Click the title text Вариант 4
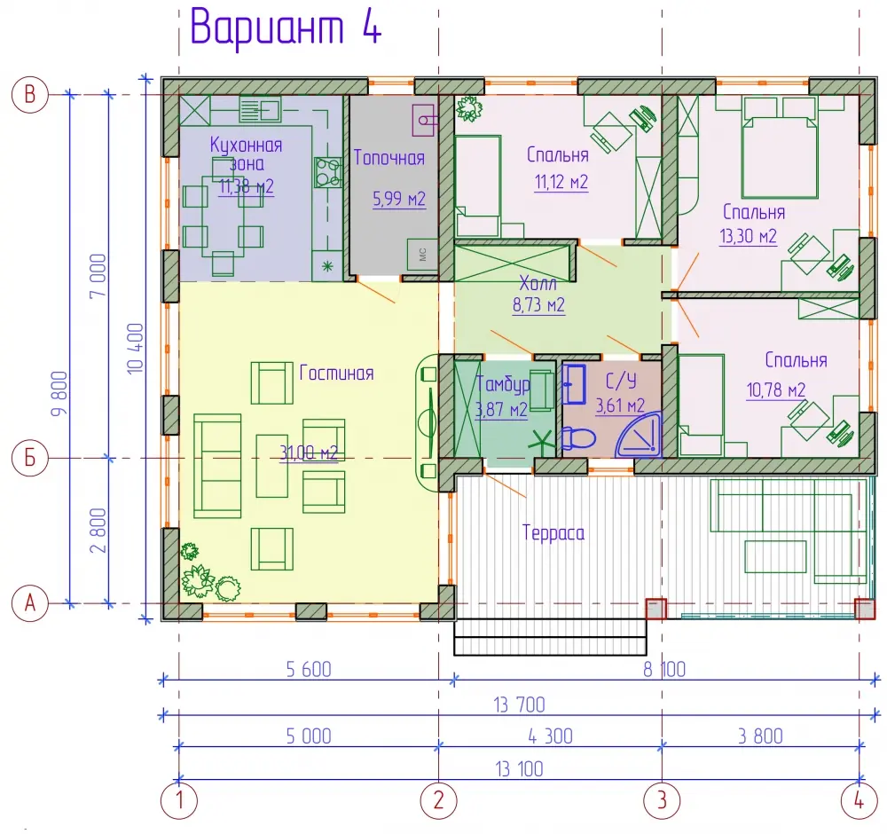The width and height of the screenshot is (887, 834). click(x=286, y=27)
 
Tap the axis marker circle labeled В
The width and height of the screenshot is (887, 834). click(x=29, y=94)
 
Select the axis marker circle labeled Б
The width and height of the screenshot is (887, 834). click(x=29, y=458)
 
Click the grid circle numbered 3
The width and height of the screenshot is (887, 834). click(x=662, y=800)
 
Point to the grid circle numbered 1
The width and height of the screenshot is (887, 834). click(x=179, y=800)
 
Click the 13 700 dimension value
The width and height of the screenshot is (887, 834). click(x=519, y=705)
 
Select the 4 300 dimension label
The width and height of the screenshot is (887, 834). click(x=550, y=736)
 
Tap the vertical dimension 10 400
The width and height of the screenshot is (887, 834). click(x=136, y=348)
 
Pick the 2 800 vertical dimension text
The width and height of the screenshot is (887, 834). click(x=98, y=531)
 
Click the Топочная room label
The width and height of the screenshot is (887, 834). click(x=389, y=158)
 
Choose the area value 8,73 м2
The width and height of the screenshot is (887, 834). click(x=538, y=305)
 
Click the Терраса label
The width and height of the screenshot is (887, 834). click(x=553, y=533)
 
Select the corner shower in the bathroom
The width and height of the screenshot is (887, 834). click(x=640, y=435)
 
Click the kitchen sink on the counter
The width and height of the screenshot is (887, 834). click(x=260, y=109)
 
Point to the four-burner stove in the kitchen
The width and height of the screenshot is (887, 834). click(x=328, y=172)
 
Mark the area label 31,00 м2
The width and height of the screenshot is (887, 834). click(x=309, y=452)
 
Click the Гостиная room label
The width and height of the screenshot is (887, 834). click(x=336, y=373)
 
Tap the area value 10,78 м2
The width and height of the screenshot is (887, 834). click(x=776, y=389)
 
